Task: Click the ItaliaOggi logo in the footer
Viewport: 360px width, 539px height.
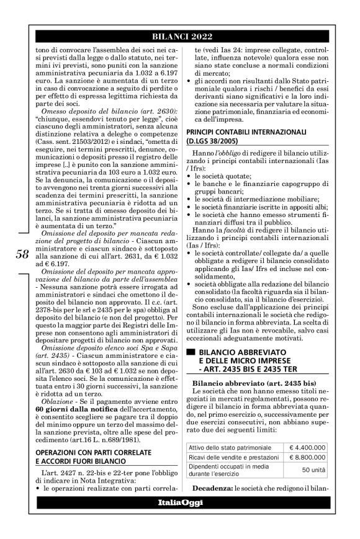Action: pos(180,501)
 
